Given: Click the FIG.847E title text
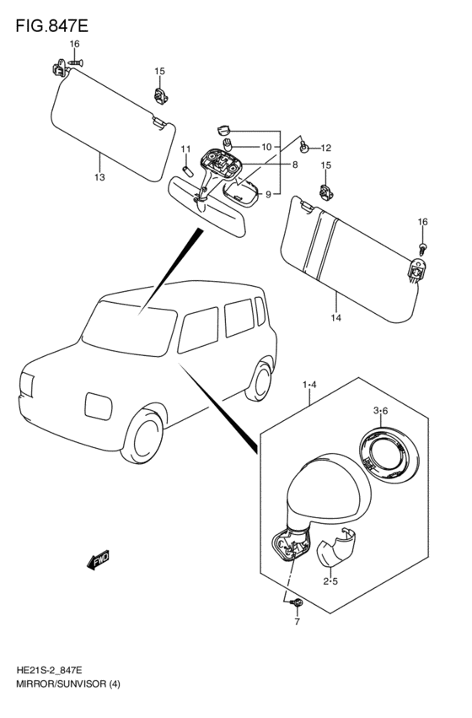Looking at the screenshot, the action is pyautogui.click(x=51, y=25).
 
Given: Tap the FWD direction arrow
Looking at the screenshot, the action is pyautogui.click(x=99, y=559).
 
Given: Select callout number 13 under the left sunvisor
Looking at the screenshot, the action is pyautogui.click(x=99, y=177).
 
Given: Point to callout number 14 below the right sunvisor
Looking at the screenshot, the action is pyautogui.click(x=336, y=318).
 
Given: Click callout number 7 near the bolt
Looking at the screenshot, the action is pyautogui.click(x=297, y=621).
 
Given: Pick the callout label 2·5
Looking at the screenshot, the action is pyautogui.click(x=330, y=581).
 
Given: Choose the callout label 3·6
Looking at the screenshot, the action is pyautogui.click(x=380, y=411).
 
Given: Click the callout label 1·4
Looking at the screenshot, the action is pyautogui.click(x=309, y=385).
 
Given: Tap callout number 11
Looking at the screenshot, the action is pyautogui.click(x=185, y=148).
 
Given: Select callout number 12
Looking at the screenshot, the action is pyautogui.click(x=325, y=148).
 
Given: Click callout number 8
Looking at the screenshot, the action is pyautogui.click(x=295, y=165).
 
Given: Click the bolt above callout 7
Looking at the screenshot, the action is pyautogui.click(x=298, y=603).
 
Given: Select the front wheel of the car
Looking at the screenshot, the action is pyautogui.click(x=142, y=435).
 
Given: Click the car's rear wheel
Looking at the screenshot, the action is pyautogui.click(x=260, y=381).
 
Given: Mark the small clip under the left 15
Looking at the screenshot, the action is pyautogui.click(x=159, y=95).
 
